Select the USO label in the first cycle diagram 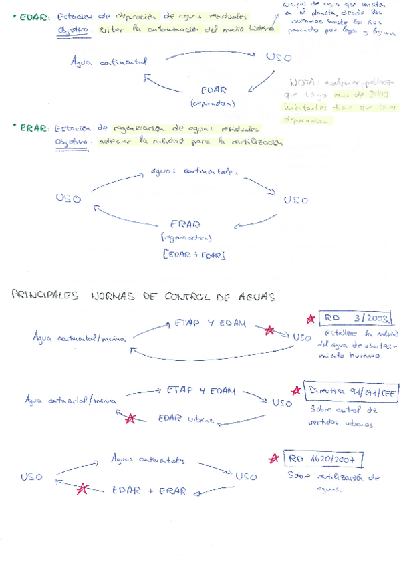click(278, 58)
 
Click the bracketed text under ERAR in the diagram click(194, 255)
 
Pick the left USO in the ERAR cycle click(68, 199)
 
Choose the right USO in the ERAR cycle click(295, 200)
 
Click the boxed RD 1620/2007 click(324, 459)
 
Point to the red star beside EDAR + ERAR click(83, 489)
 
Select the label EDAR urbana click(185, 419)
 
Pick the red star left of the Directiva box click(296, 391)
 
